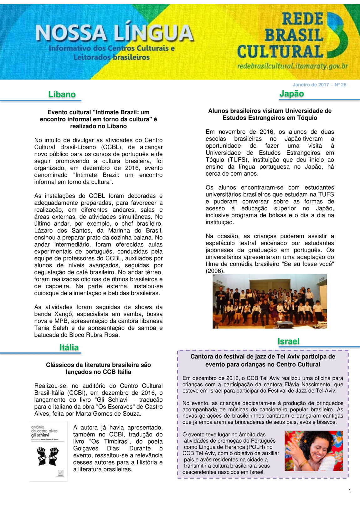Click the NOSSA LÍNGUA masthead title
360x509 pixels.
(115, 33)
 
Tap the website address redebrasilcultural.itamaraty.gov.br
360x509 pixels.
(292, 66)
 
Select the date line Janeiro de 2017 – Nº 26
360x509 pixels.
(319, 85)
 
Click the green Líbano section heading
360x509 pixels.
(62, 94)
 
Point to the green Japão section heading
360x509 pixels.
(291, 94)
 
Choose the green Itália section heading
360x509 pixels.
(69, 347)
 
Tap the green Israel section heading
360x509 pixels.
(288, 341)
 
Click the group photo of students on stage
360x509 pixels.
(270, 301)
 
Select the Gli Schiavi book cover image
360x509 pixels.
(49, 451)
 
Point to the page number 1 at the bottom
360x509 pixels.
(350, 491)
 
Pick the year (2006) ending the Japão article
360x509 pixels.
(215, 271)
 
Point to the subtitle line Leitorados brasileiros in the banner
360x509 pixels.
(111, 57)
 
